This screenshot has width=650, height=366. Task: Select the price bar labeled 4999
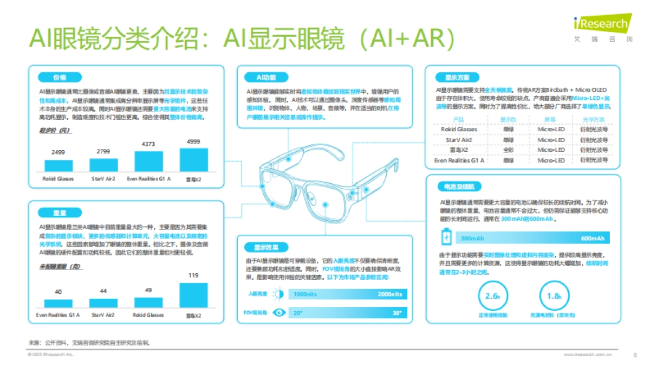193,159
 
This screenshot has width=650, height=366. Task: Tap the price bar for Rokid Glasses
58,165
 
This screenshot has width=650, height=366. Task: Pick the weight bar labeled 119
193,295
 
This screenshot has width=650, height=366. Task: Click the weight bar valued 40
58,303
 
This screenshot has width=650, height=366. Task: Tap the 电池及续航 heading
459,187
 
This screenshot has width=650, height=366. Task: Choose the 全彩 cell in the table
508,150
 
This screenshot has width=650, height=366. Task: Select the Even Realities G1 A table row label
459,160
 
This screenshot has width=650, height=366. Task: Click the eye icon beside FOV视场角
279,313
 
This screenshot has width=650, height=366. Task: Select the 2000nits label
390,294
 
